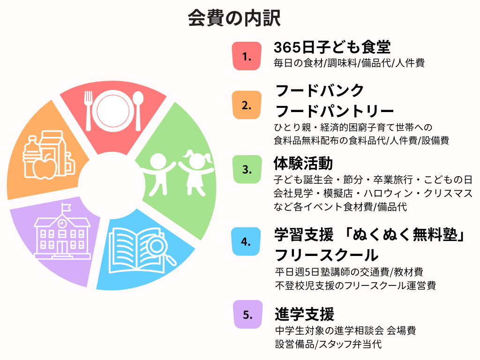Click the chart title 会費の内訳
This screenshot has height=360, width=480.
point(234,18)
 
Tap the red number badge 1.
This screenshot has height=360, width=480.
point(247,56)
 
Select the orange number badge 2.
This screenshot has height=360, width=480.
point(247,105)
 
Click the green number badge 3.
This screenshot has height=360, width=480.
point(247,169)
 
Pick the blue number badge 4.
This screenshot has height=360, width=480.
point(246,241)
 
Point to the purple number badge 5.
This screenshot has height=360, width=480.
point(247,315)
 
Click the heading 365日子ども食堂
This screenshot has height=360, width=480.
point(332,47)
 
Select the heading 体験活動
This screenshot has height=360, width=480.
point(303,163)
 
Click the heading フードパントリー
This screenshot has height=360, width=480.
point(335,111)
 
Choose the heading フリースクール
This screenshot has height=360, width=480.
point(327,255)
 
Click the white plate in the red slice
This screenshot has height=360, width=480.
point(113,111)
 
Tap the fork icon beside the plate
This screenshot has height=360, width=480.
point(89,111)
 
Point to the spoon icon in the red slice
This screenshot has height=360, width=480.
point(138,111)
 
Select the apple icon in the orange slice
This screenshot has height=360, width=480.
point(45,168)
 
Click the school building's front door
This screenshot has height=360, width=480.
point(62,247)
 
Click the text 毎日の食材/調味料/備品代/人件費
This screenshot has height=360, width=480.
point(349,63)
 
